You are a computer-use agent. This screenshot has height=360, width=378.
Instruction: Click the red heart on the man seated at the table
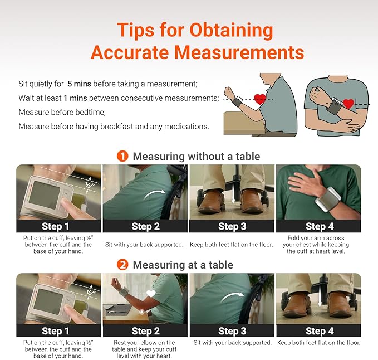coord(260,100)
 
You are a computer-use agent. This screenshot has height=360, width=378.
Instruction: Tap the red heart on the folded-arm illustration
coord(348,104)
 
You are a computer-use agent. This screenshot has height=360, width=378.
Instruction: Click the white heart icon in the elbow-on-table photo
coord(150,294)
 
